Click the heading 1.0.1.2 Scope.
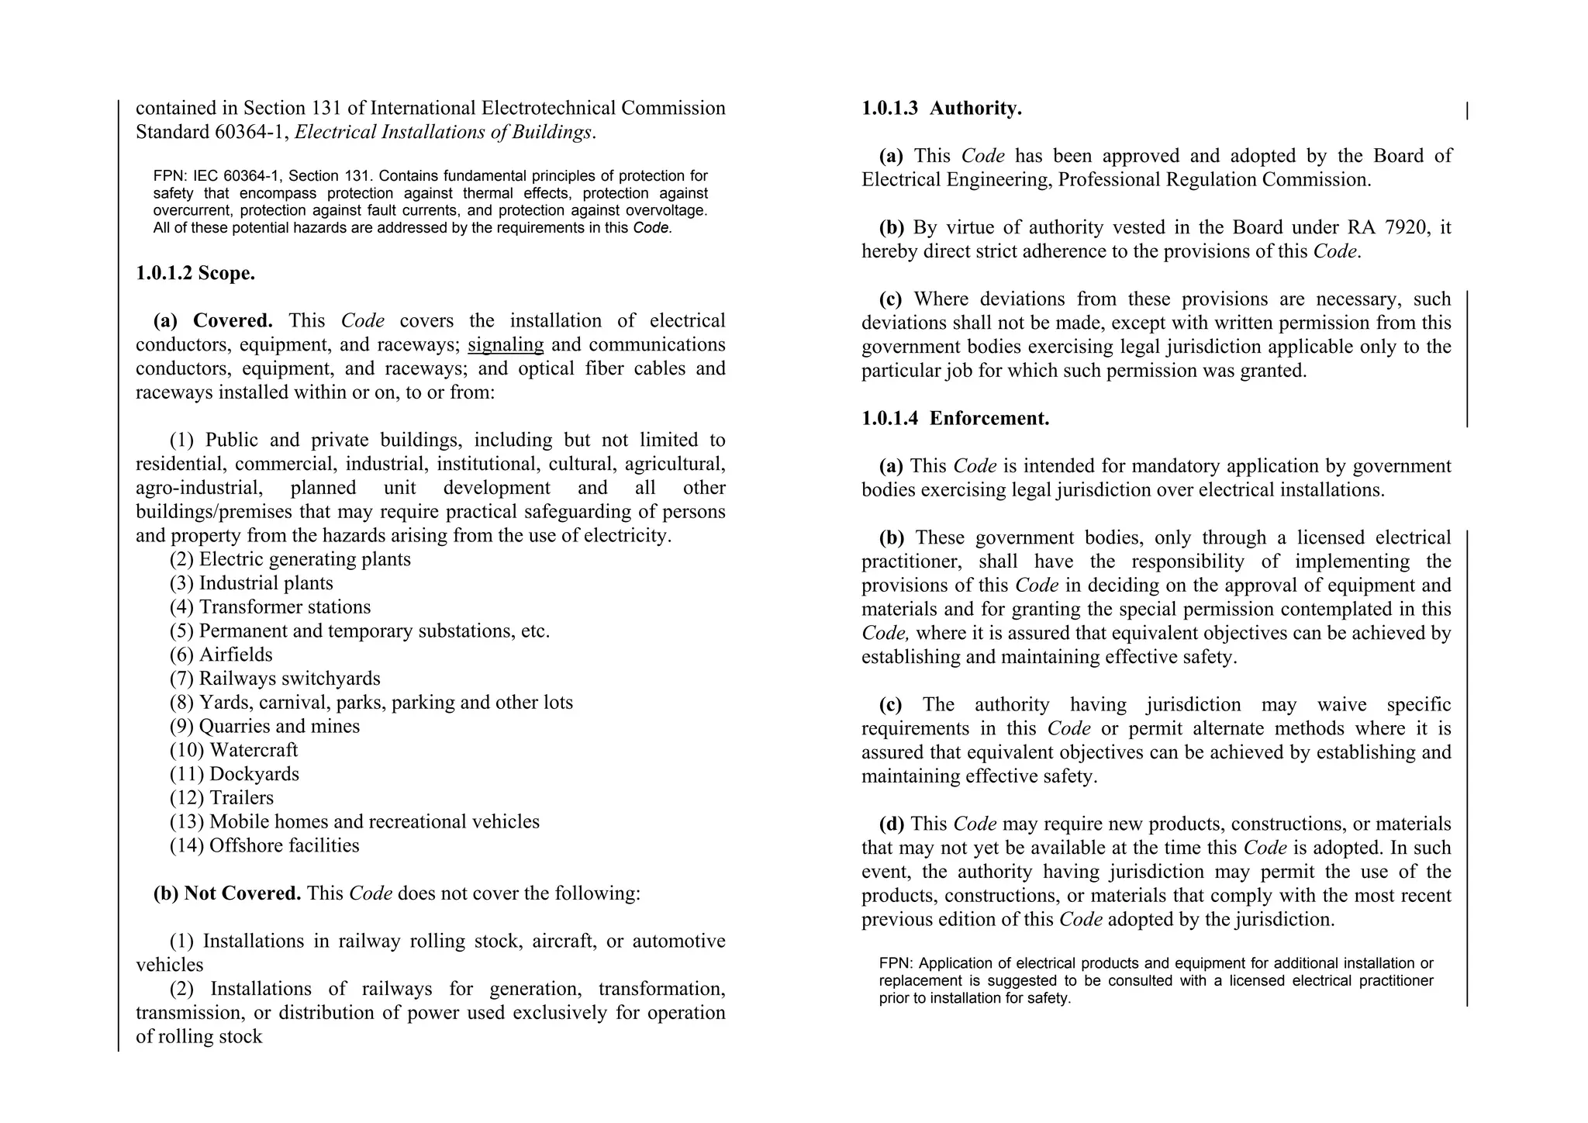(195, 273)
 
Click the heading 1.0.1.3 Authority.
(941, 109)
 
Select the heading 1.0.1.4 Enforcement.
(955, 419)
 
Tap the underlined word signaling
(506, 344)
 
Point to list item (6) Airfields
(221, 655)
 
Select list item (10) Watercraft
(233, 750)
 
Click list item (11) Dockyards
(234, 774)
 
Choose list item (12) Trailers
(222, 798)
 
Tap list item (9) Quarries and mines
(264, 727)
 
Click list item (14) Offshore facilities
(264, 845)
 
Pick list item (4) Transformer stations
(270, 607)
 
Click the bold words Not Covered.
(242, 893)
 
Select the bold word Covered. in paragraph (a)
(233, 321)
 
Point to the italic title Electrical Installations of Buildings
(444, 133)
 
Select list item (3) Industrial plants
(251, 583)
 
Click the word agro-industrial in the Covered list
(198, 488)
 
